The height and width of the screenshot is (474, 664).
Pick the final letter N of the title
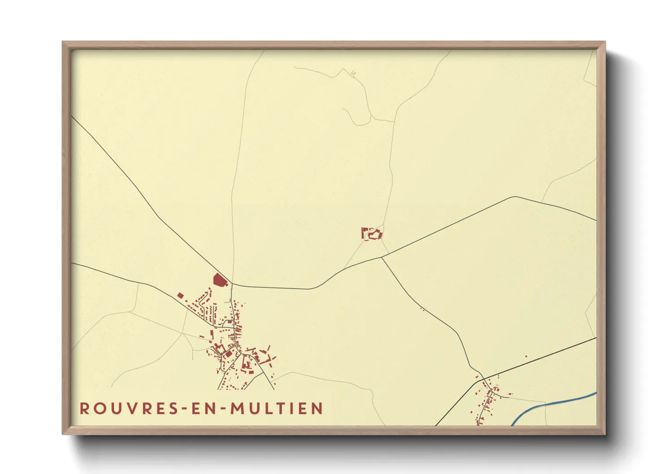(x=318, y=409)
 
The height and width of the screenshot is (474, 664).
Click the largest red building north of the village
(x=219, y=280)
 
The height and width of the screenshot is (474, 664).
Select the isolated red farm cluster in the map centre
(x=372, y=233)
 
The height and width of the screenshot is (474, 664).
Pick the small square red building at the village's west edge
(x=180, y=295)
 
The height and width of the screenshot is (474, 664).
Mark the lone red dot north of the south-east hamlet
(x=526, y=357)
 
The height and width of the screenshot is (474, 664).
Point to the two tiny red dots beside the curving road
(x=422, y=309)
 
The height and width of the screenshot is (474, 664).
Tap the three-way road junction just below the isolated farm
(x=382, y=257)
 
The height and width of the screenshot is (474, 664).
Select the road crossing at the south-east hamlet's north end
(x=483, y=379)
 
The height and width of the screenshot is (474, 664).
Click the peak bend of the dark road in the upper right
(x=515, y=197)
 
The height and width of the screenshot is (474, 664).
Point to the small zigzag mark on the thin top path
(x=354, y=73)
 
